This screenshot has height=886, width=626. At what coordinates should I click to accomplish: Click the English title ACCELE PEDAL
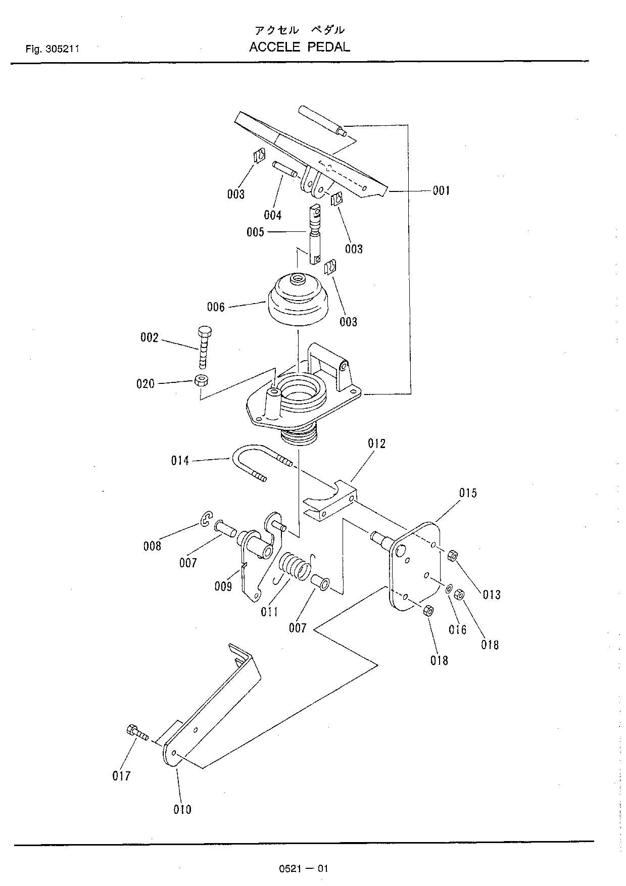pyautogui.click(x=299, y=47)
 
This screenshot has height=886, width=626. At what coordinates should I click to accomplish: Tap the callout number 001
pyautogui.click(x=441, y=190)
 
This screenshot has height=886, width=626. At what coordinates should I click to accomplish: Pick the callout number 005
pyautogui.click(x=255, y=232)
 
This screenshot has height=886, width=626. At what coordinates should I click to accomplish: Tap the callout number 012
pyautogui.click(x=376, y=444)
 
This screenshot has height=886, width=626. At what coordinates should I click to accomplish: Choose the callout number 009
pyautogui.click(x=223, y=586)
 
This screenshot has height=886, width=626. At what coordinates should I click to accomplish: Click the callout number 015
pyautogui.click(x=467, y=493)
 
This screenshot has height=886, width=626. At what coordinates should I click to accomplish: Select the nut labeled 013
pyautogui.click(x=453, y=556)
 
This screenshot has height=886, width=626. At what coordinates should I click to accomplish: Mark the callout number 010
pyautogui.click(x=182, y=809)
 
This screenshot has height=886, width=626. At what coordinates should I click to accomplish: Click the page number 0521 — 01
pyautogui.click(x=303, y=869)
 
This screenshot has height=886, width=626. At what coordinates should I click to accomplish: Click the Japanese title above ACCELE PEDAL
pyautogui.click(x=299, y=30)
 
